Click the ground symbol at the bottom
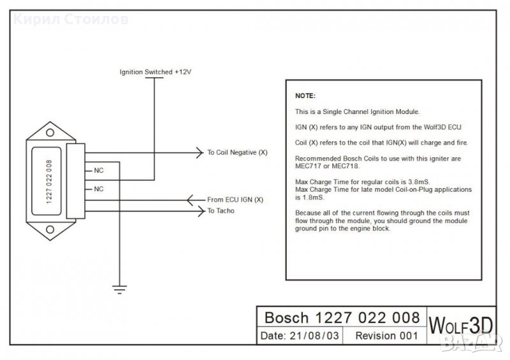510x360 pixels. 119,289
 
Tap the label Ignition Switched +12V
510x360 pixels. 156,73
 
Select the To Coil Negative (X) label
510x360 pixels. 237,153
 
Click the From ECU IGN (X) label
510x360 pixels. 235,199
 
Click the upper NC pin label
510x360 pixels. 99,171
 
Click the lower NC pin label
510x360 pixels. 99,189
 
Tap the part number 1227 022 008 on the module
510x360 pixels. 50,180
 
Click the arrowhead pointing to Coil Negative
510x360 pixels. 198,153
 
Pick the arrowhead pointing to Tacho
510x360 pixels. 198,210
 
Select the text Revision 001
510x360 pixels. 387,336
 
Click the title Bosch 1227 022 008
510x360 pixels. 342,317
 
